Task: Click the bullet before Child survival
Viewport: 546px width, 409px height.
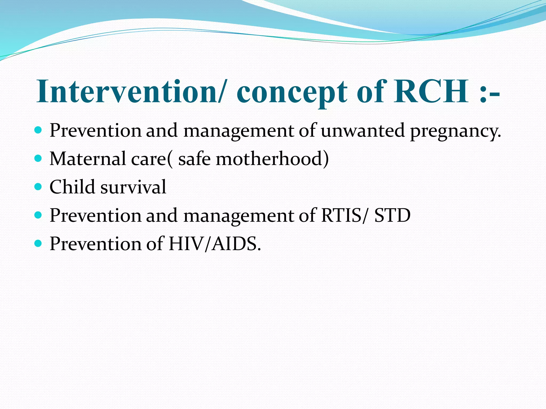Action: coord(38,187)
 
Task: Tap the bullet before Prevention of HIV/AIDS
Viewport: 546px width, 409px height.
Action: coord(38,243)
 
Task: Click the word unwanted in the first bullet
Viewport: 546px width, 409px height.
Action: coord(363,130)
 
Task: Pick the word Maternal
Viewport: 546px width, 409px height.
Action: coord(88,159)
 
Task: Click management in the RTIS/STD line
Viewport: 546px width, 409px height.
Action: coord(239,216)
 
